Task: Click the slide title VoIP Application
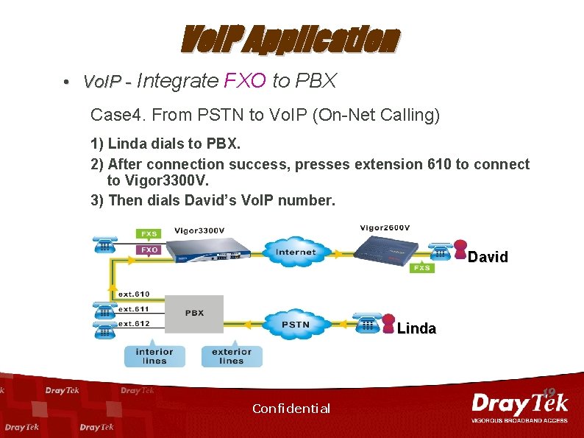[x=291, y=40]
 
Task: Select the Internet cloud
[x=295, y=252]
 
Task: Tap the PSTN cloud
[x=295, y=324]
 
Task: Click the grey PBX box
[x=194, y=314]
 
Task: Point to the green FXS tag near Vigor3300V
[x=149, y=233]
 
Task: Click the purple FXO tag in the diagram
[x=149, y=250]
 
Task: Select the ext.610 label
[x=135, y=294]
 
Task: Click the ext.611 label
[x=135, y=309]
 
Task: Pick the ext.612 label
[x=135, y=323]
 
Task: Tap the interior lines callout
[x=154, y=356]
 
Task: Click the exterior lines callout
[x=231, y=356]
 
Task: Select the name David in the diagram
[x=488, y=257]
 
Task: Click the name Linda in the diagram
[x=416, y=328]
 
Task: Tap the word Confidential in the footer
[x=291, y=409]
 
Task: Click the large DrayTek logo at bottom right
[x=519, y=405]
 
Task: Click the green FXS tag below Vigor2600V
[x=421, y=269]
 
